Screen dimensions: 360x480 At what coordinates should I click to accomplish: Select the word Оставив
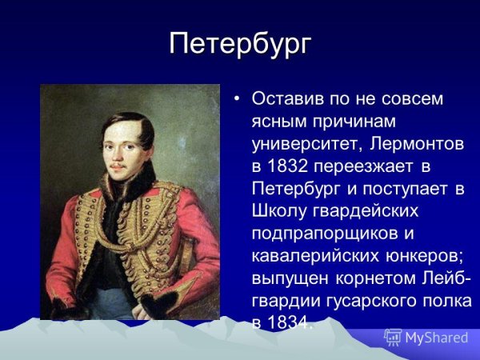click(285, 99)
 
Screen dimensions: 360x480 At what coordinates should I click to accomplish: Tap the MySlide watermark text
click(436, 338)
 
